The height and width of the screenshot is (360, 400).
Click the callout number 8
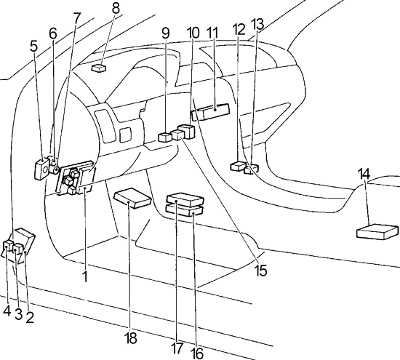(x=116, y=8)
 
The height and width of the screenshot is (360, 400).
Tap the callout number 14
(x=364, y=174)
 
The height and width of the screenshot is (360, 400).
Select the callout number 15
(x=260, y=271)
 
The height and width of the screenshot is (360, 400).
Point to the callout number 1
(x=85, y=276)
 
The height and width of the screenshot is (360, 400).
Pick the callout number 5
(x=33, y=46)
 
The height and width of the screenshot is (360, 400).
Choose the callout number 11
(x=213, y=33)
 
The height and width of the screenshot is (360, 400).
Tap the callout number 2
(x=30, y=317)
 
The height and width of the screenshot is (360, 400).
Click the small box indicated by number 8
(x=98, y=68)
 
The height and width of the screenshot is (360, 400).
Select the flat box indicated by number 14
(x=377, y=231)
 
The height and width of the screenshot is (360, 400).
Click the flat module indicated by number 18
(x=132, y=199)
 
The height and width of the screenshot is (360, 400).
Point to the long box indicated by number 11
(x=210, y=112)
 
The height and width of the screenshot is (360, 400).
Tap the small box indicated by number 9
(x=165, y=137)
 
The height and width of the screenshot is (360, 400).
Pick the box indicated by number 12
(x=238, y=166)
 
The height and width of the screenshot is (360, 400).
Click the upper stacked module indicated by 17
(x=185, y=199)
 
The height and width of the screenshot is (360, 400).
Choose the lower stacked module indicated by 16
(x=185, y=211)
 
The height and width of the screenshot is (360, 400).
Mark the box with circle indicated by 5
(x=41, y=169)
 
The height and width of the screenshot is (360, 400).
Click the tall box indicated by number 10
(x=186, y=131)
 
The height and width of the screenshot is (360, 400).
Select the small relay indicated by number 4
(x=8, y=246)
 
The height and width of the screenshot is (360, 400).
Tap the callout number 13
(x=257, y=25)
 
